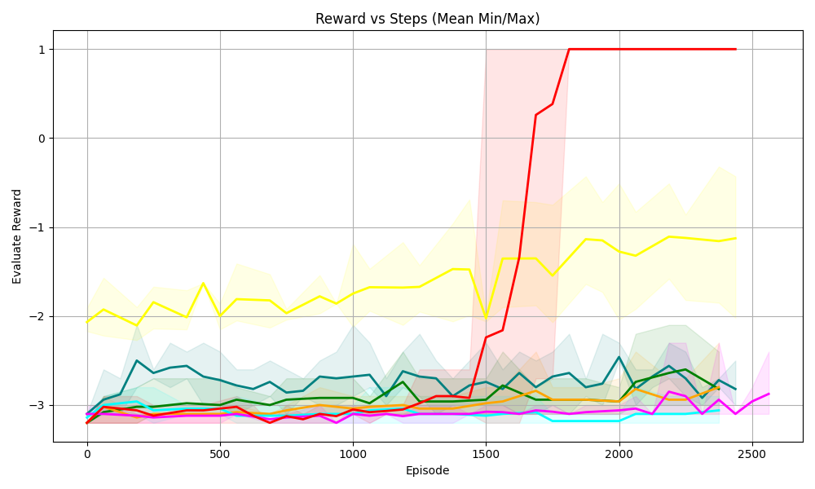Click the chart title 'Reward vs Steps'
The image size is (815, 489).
[428, 19]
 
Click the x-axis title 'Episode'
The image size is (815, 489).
[428, 470]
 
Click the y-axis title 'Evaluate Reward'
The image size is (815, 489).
[17, 236]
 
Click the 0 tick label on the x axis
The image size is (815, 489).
[87, 454]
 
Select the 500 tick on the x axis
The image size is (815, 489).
[220, 454]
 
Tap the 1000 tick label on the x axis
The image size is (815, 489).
[353, 454]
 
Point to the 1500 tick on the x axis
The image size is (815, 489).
[486, 454]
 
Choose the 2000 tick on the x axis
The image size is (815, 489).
[619, 454]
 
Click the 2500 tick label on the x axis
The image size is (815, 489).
[751, 454]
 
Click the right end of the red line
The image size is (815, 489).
[736, 49]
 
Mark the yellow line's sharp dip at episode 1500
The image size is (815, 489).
[486, 317]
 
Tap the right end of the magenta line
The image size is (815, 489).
[769, 394]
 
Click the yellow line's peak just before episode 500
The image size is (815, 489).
[204, 283]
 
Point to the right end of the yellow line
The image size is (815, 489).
[736, 238]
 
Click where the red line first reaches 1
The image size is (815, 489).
[569, 49]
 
